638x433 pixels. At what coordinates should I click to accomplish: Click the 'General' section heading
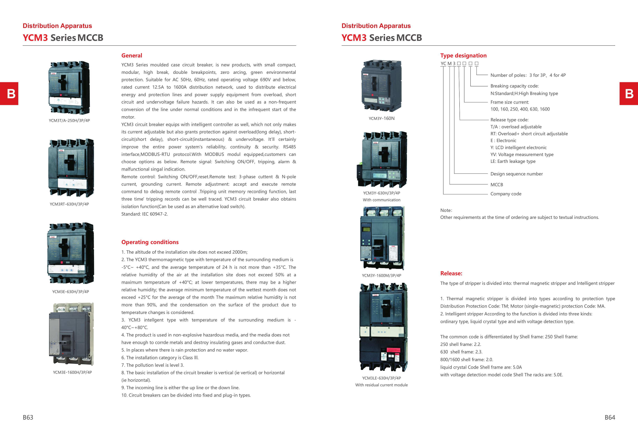click(x=132, y=55)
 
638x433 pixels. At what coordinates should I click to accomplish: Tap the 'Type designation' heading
click(x=463, y=55)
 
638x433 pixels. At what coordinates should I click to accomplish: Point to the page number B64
click(x=610, y=417)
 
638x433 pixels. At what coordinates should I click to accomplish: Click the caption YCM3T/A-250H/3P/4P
click(x=69, y=121)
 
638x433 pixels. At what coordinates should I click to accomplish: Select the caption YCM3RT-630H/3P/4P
click(x=69, y=204)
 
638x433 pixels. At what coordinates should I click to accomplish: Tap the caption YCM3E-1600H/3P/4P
click(x=72, y=372)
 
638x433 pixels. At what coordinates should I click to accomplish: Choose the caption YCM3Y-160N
click(x=381, y=118)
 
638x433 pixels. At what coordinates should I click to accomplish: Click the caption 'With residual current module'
click(x=381, y=385)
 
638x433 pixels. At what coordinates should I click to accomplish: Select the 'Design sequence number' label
click(x=516, y=174)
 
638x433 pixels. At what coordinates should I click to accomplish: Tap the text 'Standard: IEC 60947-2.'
click(x=144, y=214)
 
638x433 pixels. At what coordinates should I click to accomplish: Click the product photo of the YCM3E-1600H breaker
click(x=71, y=334)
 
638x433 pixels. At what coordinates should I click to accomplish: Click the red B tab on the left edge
click(x=9, y=94)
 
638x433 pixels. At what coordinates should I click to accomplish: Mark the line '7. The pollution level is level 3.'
click(x=153, y=365)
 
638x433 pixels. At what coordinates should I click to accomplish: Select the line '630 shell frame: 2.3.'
click(x=461, y=352)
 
